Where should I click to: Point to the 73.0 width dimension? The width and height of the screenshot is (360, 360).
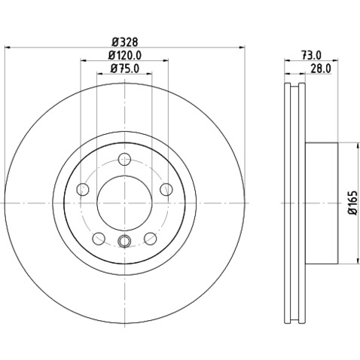pyautogui.click(x=310, y=55)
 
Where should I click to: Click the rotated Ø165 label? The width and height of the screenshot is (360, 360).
pyautogui.click(x=351, y=203)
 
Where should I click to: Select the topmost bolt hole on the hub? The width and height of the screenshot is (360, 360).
pyautogui.click(x=124, y=159)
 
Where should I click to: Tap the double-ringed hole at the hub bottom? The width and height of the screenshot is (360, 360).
pyautogui.click(x=124, y=241)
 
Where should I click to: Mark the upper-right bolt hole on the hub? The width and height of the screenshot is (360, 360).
pyautogui.click(x=166, y=189)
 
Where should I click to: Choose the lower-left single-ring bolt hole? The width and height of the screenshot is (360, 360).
pyautogui.click(x=98, y=239)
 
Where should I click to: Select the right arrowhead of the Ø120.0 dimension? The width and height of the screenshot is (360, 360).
pyautogui.click(x=166, y=61)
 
